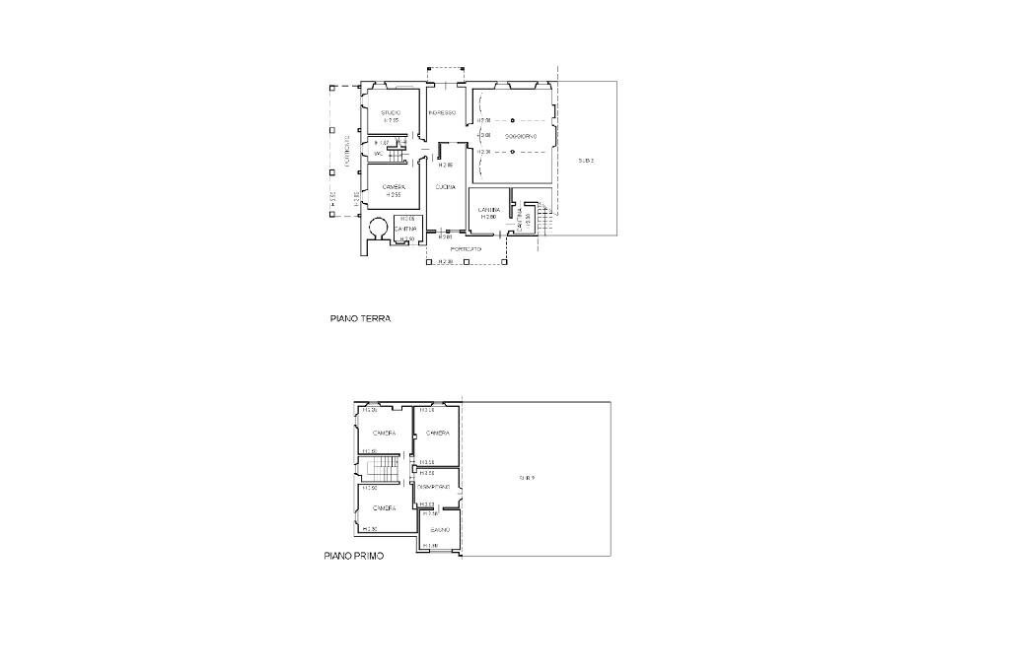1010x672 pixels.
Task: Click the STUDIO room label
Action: tap(391, 112)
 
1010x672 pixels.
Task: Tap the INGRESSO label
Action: tap(442, 112)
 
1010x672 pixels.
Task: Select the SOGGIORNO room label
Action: tap(520, 136)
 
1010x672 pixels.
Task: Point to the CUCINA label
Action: tap(445, 186)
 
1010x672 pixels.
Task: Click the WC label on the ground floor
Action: tap(378, 154)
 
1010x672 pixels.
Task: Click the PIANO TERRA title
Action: tap(360, 319)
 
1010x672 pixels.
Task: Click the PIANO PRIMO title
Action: tap(354, 556)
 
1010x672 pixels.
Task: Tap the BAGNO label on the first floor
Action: tap(440, 530)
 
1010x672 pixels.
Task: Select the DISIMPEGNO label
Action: tap(434, 487)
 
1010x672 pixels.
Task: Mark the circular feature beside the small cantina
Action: tap(377, 229)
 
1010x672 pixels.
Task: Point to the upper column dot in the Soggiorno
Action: tap(513, 120)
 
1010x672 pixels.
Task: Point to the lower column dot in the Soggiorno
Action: tap(513, 152)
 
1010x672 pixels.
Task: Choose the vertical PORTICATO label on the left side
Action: tap(347, 151)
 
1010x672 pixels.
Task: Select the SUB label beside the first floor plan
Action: tap(528, 478)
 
